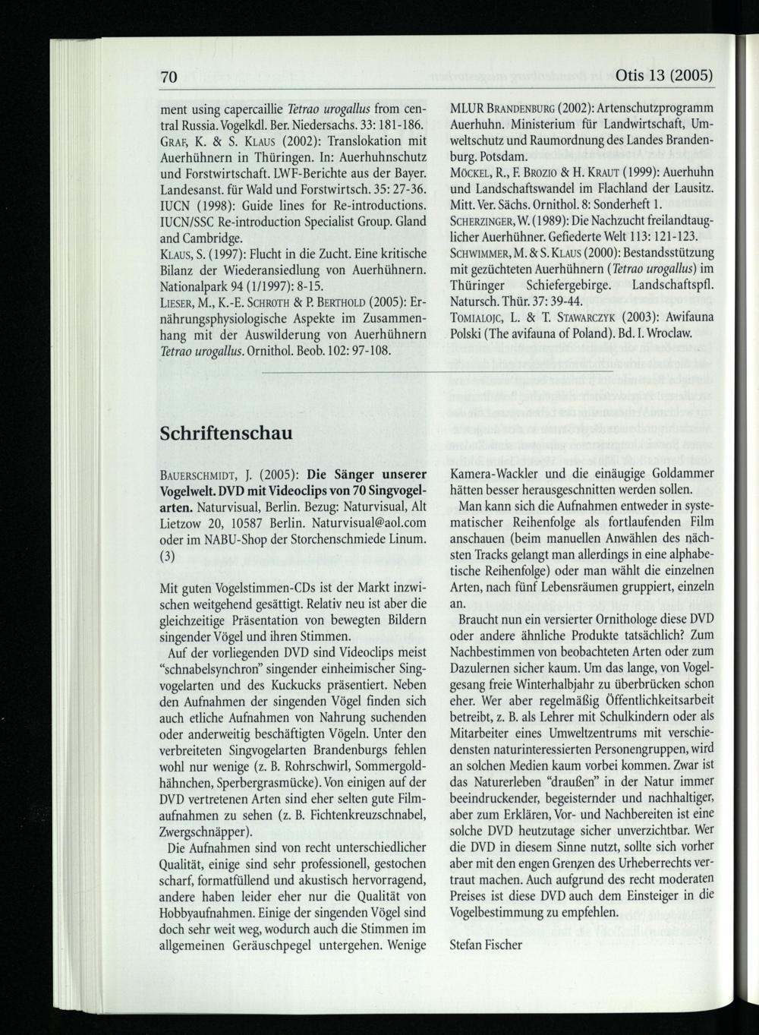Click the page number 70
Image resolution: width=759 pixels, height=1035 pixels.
tap(168, 77)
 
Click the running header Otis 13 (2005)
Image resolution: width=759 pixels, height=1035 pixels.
tap(666, 77)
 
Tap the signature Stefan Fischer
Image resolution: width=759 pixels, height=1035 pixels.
tap(486, 945)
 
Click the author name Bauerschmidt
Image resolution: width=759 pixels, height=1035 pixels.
tap(202, 477)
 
